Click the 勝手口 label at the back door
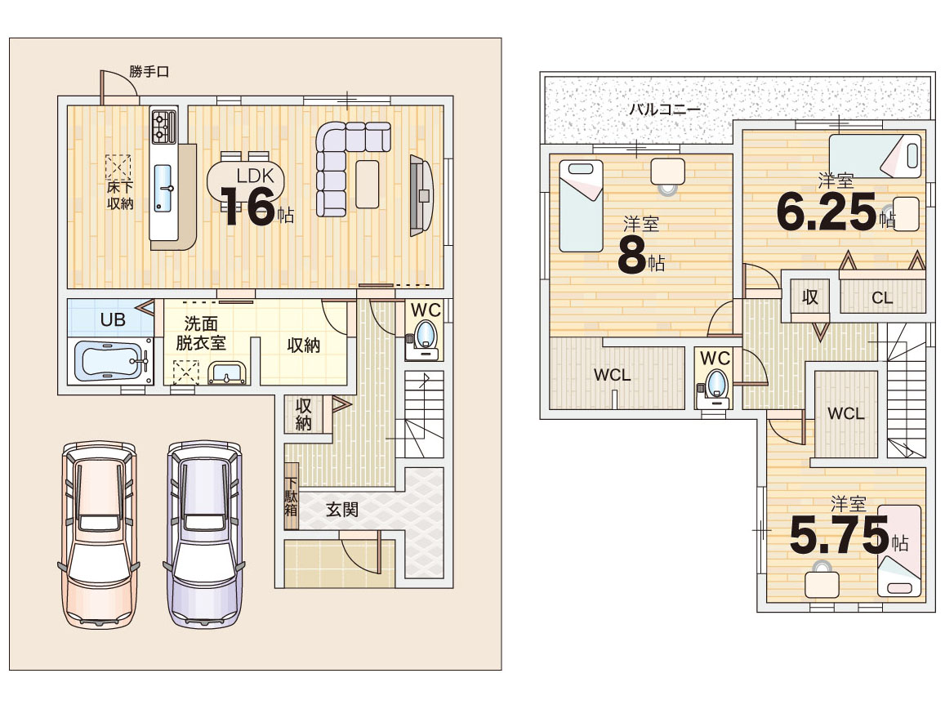(149, 72)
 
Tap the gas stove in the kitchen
(163, 126)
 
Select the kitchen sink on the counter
(163, 188)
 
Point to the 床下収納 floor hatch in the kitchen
(118, 167)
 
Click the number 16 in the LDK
(247, 207)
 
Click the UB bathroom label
(113, 319)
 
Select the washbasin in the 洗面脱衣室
(227, 374)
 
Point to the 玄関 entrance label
(341, 510)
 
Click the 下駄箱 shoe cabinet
(291, 496)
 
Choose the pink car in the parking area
(99, 534)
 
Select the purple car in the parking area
(203, 534)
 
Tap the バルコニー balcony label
(665, 109)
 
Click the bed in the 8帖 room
(581, 206)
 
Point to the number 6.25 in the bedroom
(826, 212)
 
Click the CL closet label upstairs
(882, 298)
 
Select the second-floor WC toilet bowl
(715, 384)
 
